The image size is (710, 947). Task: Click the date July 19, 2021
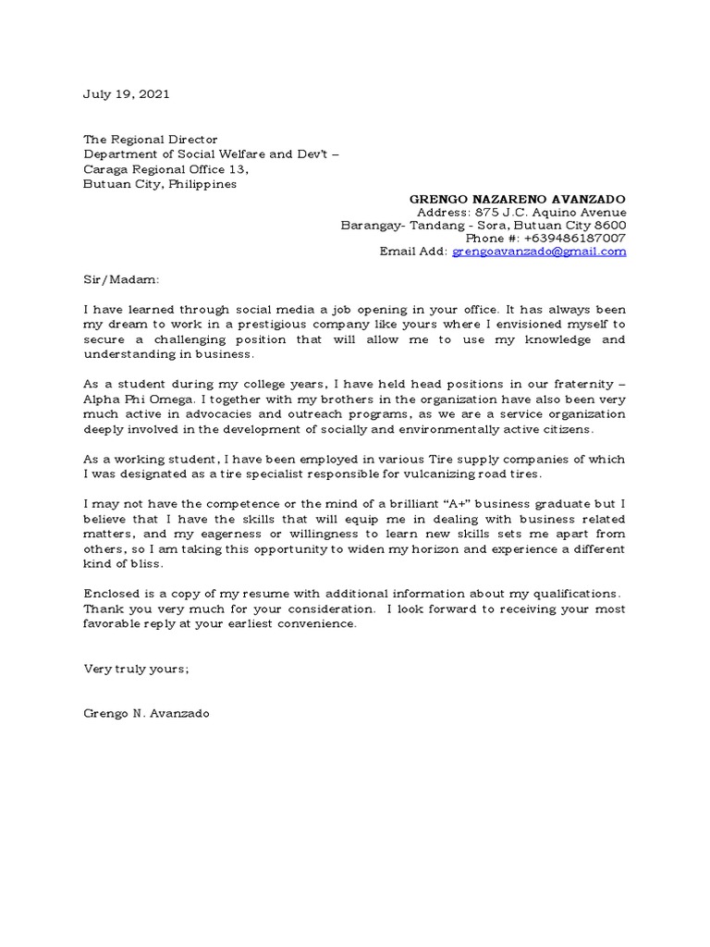[127, 94]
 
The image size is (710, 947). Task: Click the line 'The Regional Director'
[151, 140]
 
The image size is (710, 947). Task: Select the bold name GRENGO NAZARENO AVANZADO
[518, 199]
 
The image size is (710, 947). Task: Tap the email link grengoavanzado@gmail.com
[539, 252]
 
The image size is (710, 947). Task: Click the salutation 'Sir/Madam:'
[121, 278]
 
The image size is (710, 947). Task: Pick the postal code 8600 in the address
[608, 225]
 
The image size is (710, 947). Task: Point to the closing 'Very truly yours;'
[136, 668]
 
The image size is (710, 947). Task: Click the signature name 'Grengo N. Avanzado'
[146, 713]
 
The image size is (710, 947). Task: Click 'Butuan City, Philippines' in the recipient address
[160, 184]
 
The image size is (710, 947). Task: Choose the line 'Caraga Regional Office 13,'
[166, 169]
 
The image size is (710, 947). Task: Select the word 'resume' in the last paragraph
[263, 594]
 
